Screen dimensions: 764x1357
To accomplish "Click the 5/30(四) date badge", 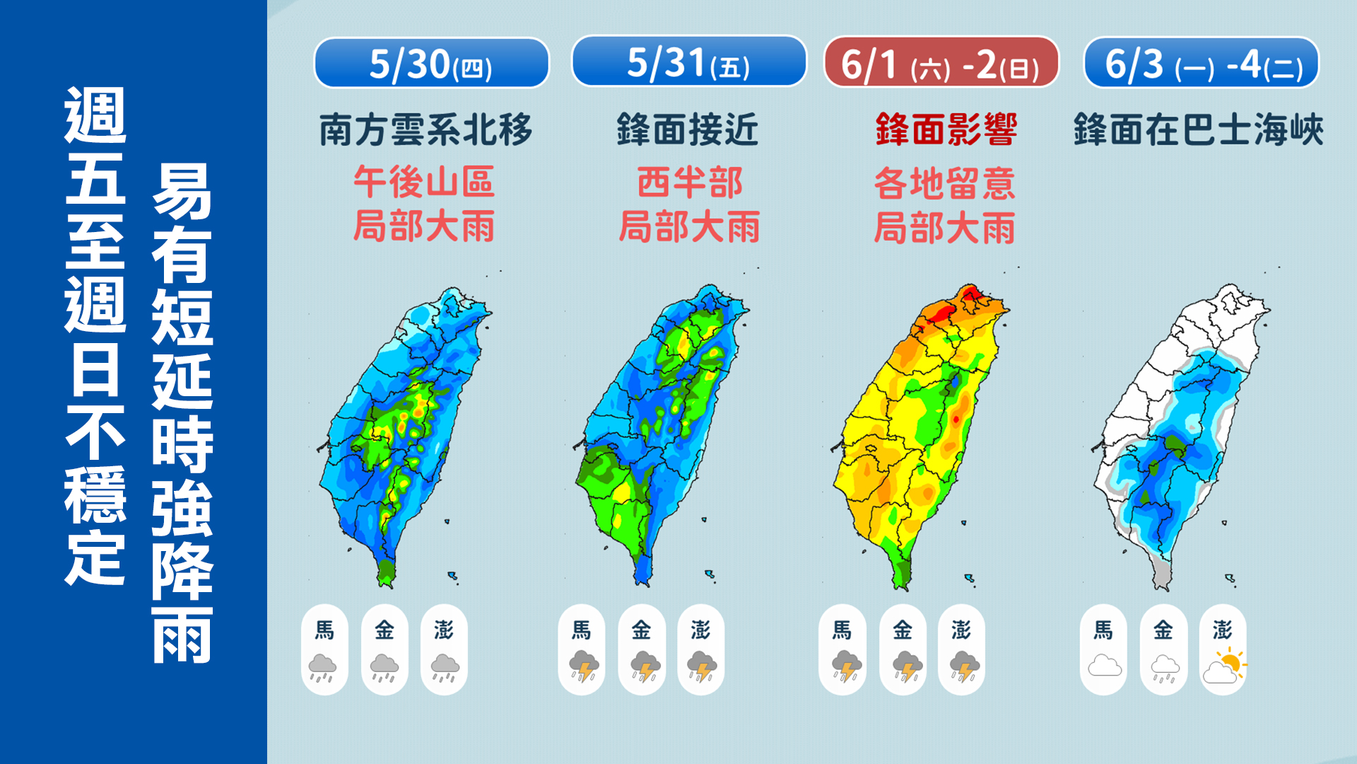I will point(431,64).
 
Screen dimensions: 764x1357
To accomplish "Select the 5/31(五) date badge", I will point(688,62).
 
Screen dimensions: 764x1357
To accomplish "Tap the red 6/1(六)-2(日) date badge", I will point(941,64).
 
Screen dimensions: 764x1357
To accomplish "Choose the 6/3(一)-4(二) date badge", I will point(1201,64).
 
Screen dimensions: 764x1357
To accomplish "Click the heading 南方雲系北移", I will point(425,130).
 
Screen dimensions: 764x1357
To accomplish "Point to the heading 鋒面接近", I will point(688,130).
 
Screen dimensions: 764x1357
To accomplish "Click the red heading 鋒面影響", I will point(946,130).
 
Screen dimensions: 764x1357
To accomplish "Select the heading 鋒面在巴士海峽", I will point(1198,130).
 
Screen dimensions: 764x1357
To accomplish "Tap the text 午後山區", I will point(424,183).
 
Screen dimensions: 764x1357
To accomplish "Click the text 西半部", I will point(690,183).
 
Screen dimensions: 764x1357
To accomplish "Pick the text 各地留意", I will point(945,183).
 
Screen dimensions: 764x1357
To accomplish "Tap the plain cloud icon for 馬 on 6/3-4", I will point(1104,666).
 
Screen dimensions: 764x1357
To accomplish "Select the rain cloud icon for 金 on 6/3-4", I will point(1164,668).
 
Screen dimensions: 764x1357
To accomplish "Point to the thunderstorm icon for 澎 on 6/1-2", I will point(963,667).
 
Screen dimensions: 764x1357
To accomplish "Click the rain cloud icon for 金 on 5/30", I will point(384,667).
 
